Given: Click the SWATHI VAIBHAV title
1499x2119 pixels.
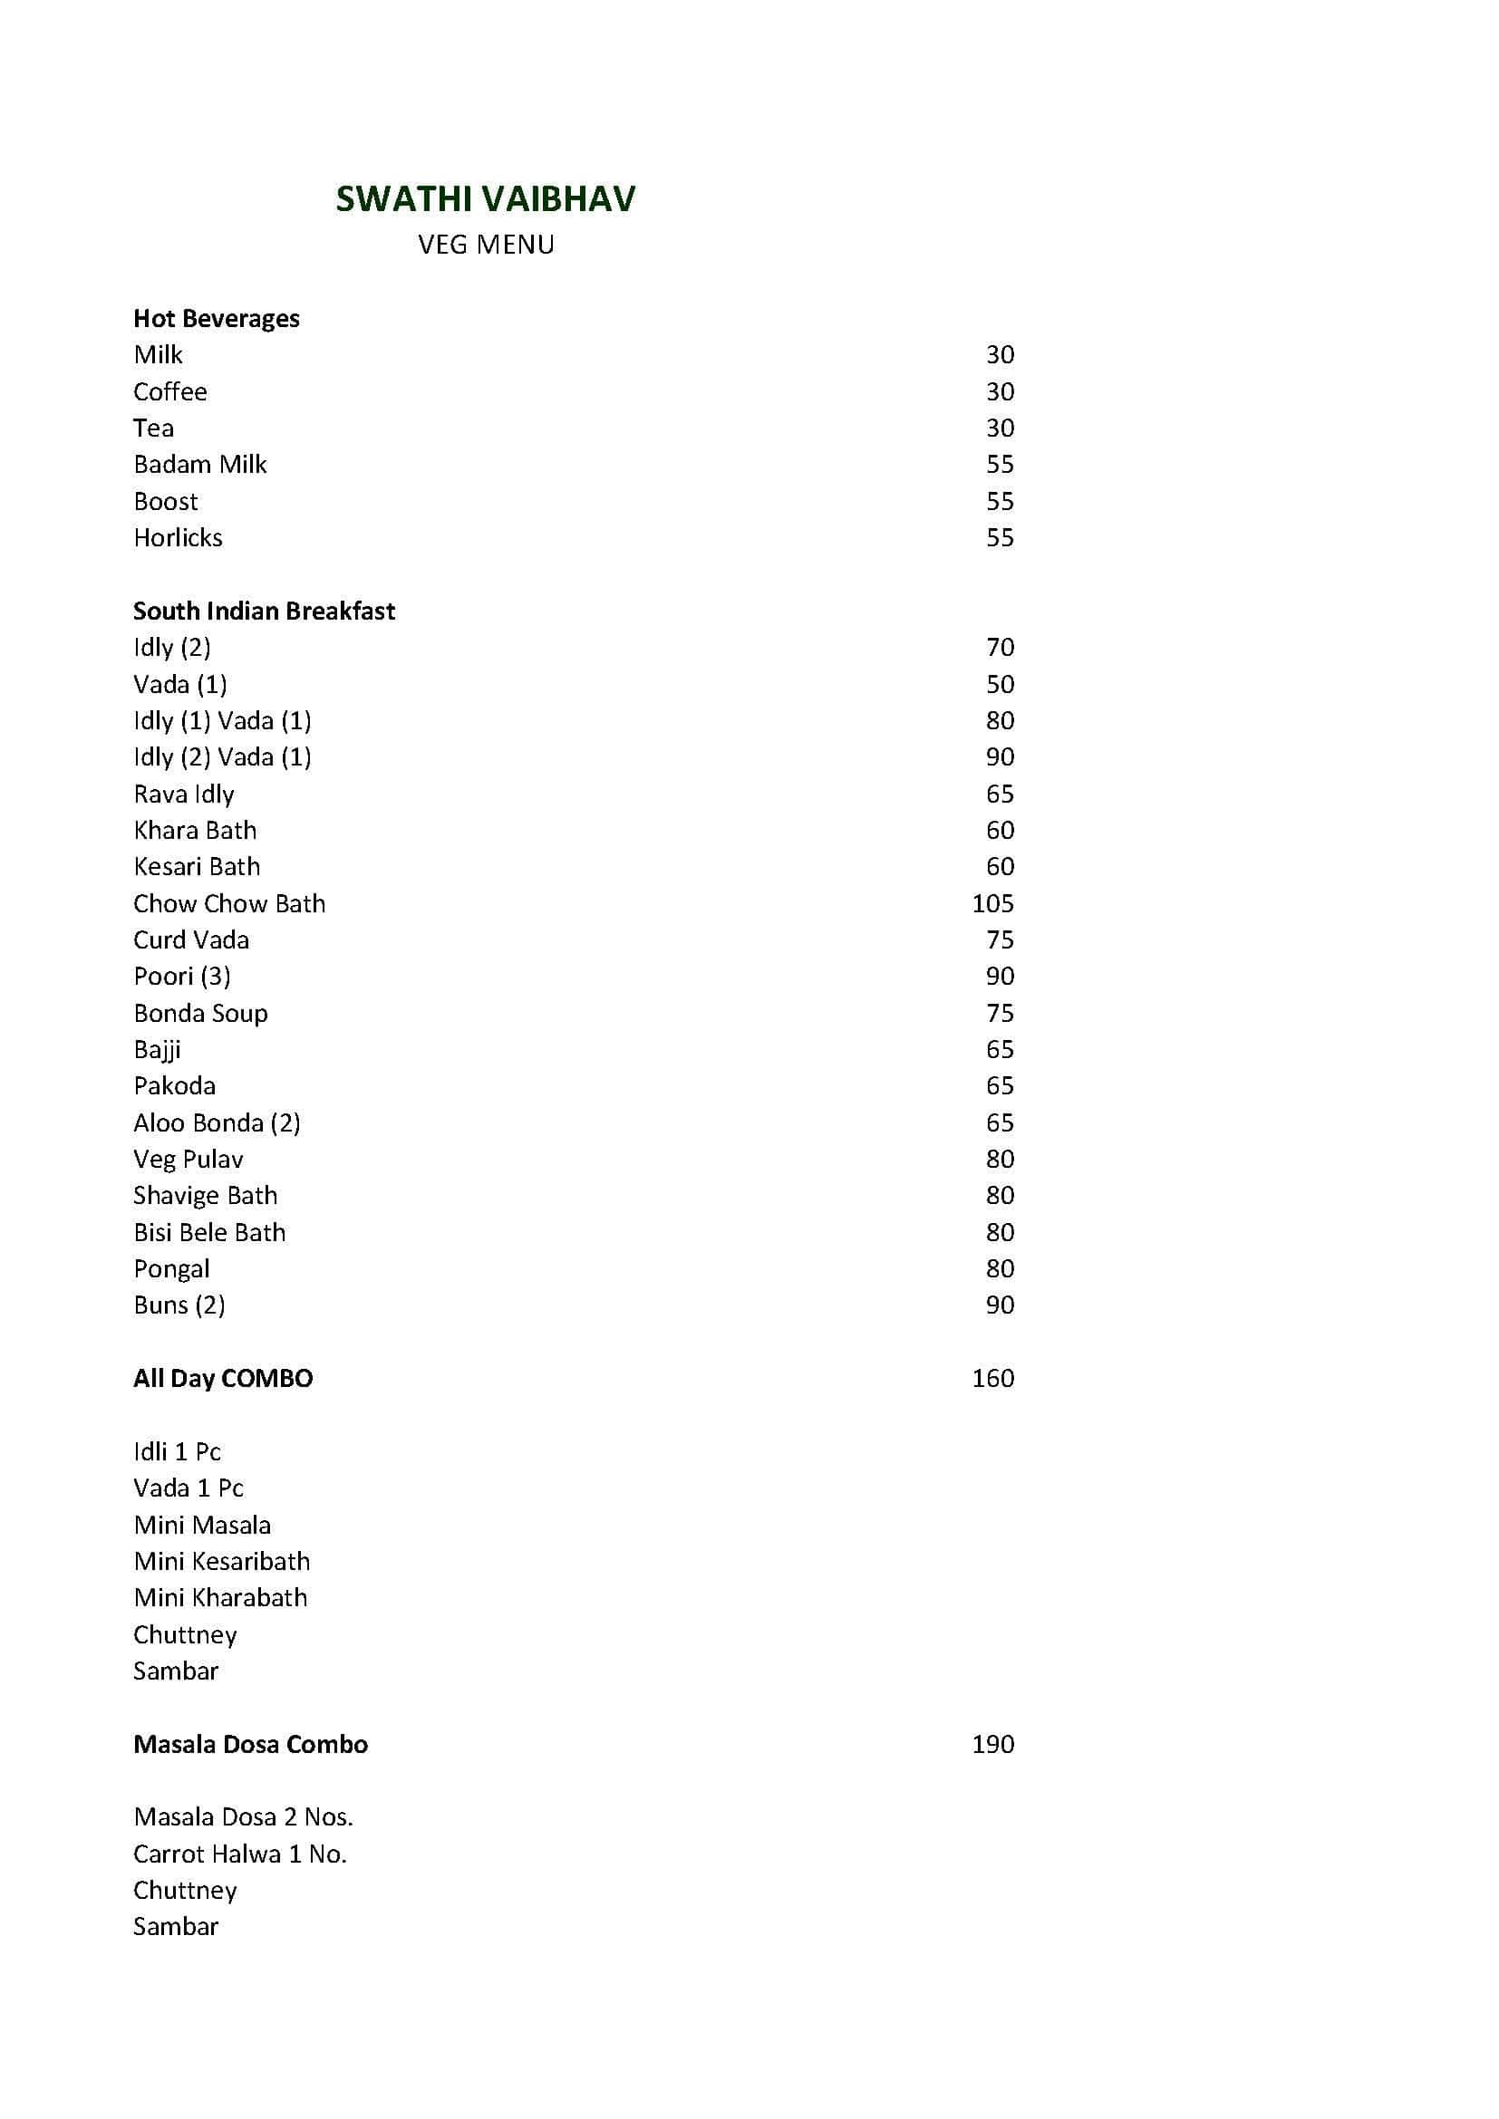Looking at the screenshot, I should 486,199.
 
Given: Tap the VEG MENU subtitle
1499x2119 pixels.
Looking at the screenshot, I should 486,245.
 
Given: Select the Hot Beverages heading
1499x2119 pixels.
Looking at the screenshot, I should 216,318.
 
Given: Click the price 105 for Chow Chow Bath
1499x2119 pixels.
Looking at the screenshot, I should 992,903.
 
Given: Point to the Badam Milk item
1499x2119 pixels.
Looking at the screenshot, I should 200,464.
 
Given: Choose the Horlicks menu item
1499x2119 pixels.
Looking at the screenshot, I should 179,537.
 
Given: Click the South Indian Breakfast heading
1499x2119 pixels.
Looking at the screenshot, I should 264,611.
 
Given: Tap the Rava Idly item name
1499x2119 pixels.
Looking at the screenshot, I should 184,794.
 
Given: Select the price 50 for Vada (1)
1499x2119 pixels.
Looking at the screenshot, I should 1000,684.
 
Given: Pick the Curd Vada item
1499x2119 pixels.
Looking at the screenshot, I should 191,939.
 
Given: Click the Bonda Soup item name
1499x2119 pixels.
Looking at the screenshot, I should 200,1014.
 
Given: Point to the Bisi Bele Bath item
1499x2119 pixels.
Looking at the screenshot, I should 209,1232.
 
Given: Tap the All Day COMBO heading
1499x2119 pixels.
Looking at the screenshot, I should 222,1378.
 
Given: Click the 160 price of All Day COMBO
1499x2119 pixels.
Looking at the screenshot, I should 992,1378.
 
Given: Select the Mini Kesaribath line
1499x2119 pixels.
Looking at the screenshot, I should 221,1561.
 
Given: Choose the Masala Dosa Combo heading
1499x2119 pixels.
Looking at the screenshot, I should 250,1743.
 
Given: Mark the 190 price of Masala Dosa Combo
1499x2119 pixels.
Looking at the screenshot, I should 992,1743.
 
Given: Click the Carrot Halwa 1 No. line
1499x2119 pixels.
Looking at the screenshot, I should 240,1854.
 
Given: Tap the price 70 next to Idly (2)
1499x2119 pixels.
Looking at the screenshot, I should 1000,647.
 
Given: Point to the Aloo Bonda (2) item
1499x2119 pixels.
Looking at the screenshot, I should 217,1122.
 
